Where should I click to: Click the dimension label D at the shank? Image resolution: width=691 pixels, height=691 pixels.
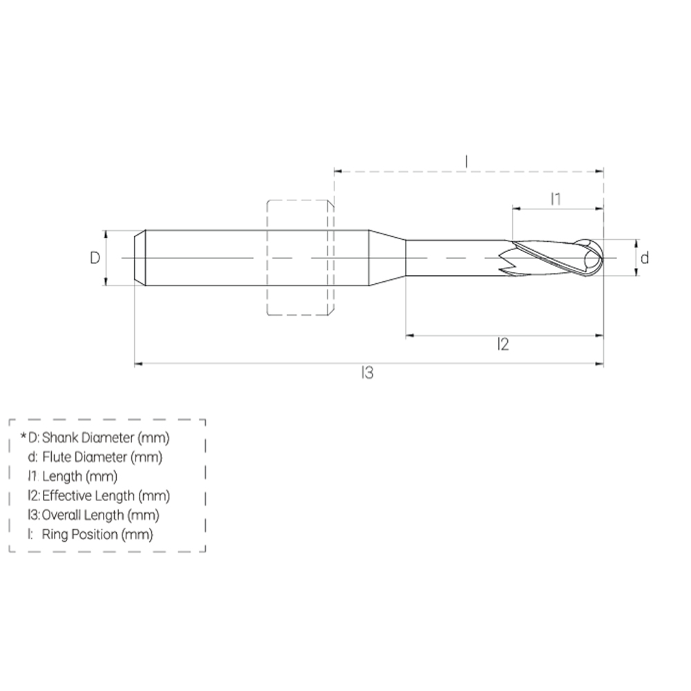[x=95, y=258]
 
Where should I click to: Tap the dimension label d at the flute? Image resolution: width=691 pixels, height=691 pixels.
[x=644, y=258]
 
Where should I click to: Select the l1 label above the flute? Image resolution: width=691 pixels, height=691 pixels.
[x=556, y=199]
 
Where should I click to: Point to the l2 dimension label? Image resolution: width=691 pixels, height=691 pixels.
[x=503, y=344]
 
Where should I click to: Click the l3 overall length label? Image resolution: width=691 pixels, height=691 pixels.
[x=367, y=373]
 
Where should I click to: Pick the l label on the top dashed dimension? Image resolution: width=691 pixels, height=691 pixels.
[x=467, y=162]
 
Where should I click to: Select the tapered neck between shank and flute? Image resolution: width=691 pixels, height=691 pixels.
[x=386, y=258]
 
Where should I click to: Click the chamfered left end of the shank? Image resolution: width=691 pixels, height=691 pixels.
[x=140, y=258]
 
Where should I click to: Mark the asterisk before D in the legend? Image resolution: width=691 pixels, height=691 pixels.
[x=23, y=436]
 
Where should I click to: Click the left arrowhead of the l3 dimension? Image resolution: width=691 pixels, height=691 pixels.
[x=138, y=362]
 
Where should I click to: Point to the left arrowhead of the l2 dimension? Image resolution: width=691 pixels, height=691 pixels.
[x=409, y=335]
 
